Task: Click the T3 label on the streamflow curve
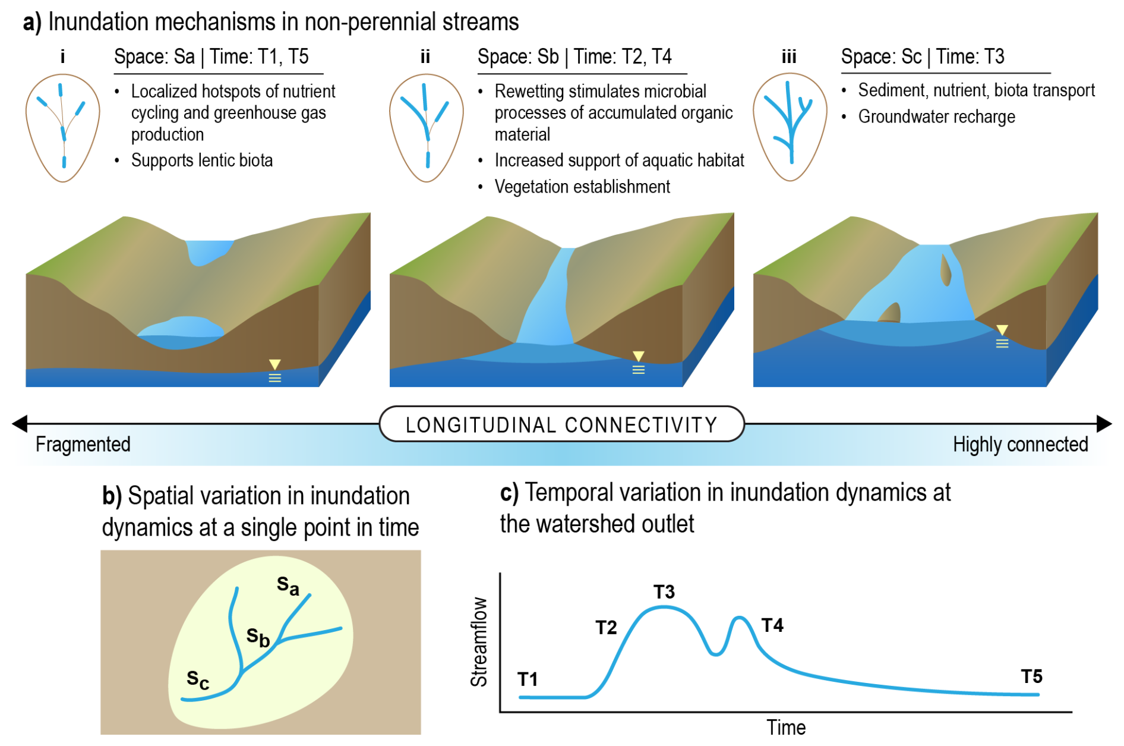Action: point(664,592)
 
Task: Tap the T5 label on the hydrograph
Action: point(1031,676)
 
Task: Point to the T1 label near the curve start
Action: point(528,679)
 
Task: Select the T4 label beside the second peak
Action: point(772,625)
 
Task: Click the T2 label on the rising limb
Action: point(606,628)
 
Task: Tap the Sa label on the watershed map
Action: point(288,586)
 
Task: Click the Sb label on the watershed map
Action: point(258,637)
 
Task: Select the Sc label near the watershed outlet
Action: point(198,679)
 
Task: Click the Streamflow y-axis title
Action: point(479,642)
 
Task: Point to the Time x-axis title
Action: point(785,727)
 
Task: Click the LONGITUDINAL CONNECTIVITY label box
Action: point(561,424)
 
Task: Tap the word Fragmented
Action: point(83,444)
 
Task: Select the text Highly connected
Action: point(1020,444)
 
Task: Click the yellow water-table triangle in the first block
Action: point(274,364)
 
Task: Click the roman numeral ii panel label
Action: point(425,57)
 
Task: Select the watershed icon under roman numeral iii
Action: point(790,127)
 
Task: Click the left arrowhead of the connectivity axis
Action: point(20,424)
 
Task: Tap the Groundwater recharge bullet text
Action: point(936,117)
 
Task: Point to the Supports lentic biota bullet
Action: point(202,160)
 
